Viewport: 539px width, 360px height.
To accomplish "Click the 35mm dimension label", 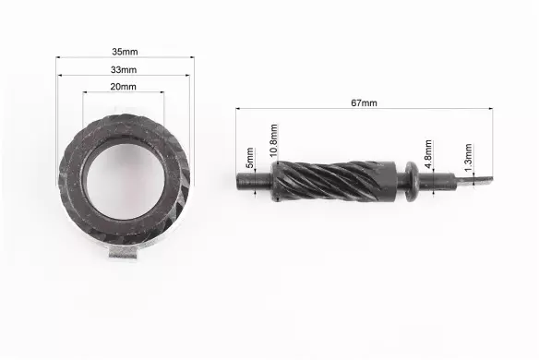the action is click(125, 52).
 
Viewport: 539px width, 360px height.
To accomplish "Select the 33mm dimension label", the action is click(124, 70).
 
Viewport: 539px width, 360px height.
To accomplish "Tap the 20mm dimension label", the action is click(123, 87).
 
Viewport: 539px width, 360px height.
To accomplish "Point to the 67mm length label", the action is click(364, 102).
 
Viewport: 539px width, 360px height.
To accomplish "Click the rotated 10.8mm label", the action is click(273, 140).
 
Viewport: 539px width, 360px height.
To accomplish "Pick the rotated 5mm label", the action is click(250, 158).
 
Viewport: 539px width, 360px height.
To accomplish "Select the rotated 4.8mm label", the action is click(428, 154).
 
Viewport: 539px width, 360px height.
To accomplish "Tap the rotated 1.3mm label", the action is click(468, 158).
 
